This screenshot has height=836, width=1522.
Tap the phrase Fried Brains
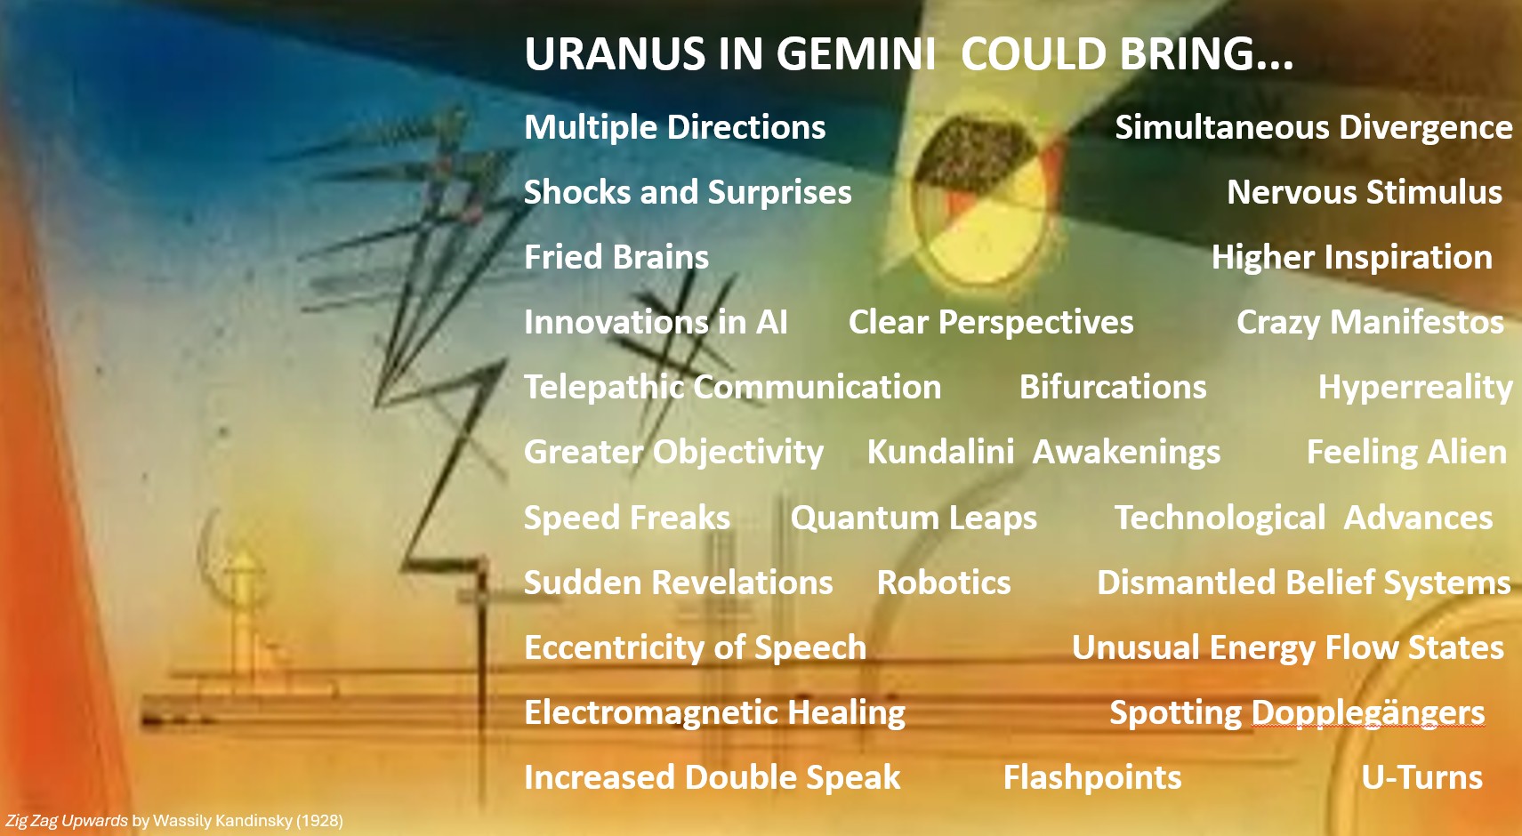coord(616,257)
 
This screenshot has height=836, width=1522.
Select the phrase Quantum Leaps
coord(914,518)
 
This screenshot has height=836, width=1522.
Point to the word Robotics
coord(944,583)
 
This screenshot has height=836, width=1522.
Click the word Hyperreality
coord(1415,387)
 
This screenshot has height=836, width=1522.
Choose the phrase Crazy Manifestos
coord(1370,322)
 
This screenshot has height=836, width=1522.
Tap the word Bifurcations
coord(1113,387)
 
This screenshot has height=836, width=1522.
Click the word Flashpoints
coord(1092,777)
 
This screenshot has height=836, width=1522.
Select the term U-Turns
coord(1421,777)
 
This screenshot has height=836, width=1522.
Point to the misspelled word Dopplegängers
coord(1368,712)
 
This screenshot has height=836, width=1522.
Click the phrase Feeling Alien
coord(1406,452)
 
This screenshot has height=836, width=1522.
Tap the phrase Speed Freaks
coord(627,518)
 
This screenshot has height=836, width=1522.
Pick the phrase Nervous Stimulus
coord(1365,192)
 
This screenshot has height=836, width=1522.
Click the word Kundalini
coord(940,452)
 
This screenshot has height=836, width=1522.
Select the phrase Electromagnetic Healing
coord(714,712)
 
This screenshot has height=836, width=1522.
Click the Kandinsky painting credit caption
coord(174,820)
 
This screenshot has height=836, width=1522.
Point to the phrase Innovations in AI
coord(656,322)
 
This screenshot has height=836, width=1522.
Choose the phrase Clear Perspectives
coord(991,322)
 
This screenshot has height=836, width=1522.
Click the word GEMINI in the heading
coord(856,54)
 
